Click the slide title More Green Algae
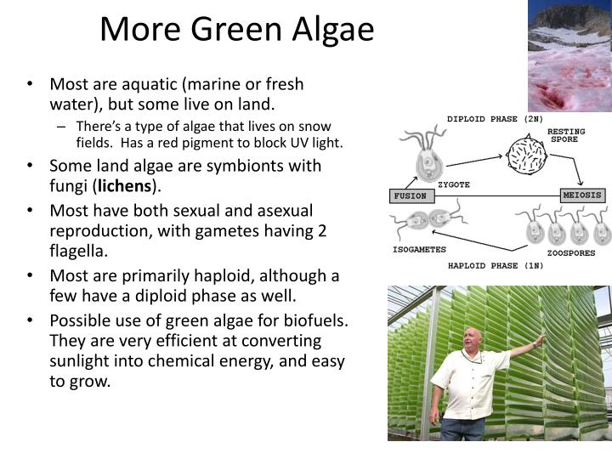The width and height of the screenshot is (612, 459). coord(236,30)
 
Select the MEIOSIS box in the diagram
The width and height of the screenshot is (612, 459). coord(583,195)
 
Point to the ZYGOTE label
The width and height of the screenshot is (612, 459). coord(453,184)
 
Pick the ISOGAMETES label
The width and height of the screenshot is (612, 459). coord(418,251)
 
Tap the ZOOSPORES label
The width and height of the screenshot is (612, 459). coord(570,252)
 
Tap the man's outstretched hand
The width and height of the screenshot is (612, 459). coord(541,339)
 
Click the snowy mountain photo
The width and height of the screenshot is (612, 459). coord(569,55)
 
